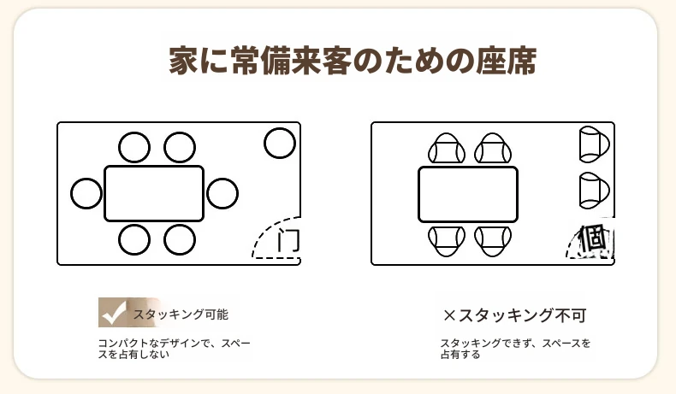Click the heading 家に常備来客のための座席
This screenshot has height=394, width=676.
click(x=353, y=61)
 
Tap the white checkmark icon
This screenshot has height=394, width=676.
click(x=114, y=314)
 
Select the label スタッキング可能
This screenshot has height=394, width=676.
click(x=181, y=315)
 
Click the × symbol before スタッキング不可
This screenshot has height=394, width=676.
click(x=449, y=315)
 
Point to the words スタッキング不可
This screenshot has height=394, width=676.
click(x=522, y=315)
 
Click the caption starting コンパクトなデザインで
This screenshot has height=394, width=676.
click(x=175, y=349)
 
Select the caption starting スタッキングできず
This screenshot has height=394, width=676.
click(x=515, y=349)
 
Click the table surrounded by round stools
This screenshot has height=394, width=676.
click(x=154, y=194)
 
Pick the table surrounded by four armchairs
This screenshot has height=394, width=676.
click(x=468, y=194)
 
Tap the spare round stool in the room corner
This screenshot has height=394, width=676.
click(x=280, y=143)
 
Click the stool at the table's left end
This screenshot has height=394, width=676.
click(x=86, y=193)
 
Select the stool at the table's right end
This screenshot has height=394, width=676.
click(x=222, y=193)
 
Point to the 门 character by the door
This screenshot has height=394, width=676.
click(x=288, y=240)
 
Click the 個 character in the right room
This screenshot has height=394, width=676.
click(x=593, y=238)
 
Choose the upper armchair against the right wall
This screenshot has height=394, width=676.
click(x=594, y=144)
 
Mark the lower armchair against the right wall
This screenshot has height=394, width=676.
click(x=594, y=190)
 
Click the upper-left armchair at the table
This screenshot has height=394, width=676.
click(x=447, y=148)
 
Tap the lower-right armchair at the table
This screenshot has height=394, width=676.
click(x=493, y=241)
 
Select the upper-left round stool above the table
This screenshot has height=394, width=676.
click(x=134, y=147)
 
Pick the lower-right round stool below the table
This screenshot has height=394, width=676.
click(x=180, y=239)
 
